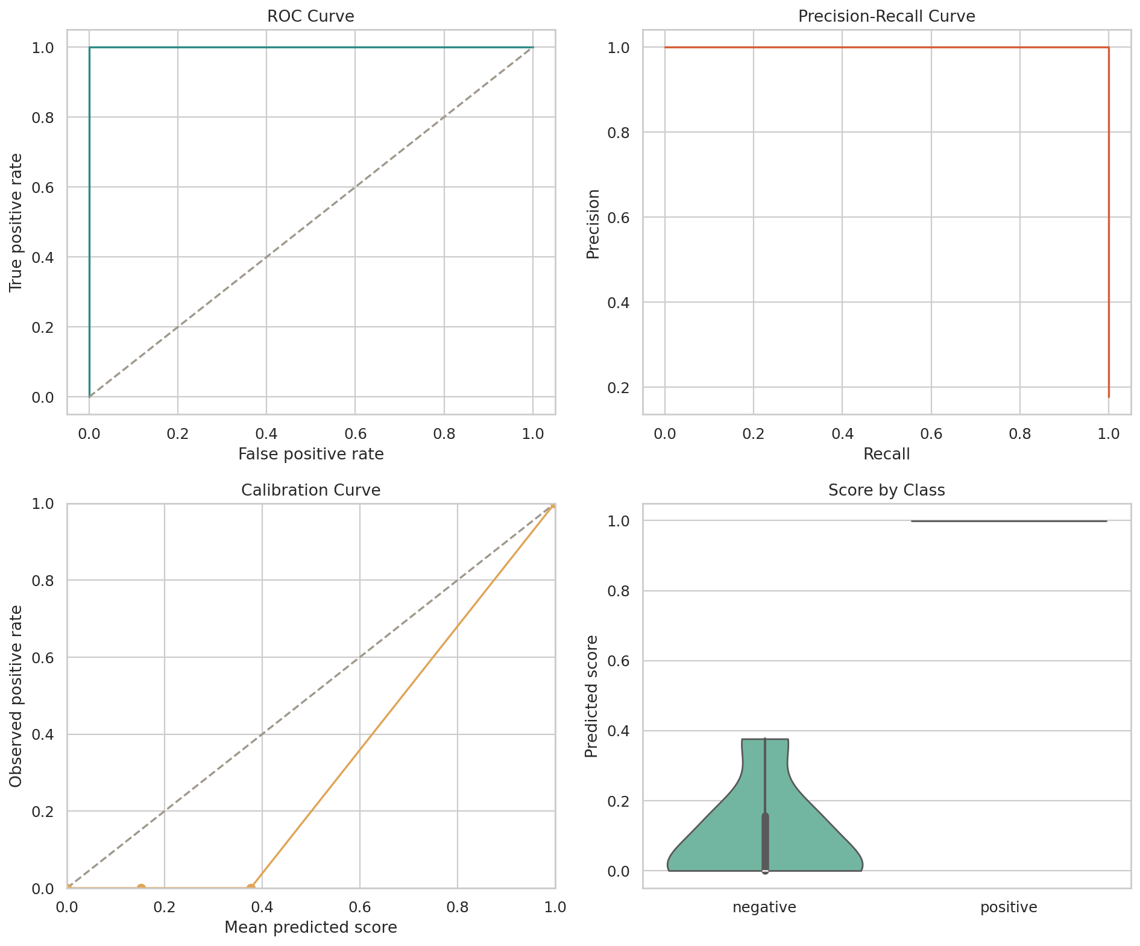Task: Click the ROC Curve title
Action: (x=310, y=16)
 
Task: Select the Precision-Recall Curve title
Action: (x=886, y=16)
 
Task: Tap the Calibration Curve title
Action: (x=310, y=490)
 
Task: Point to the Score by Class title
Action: (x=886, y=490)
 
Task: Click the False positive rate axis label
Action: (x=310, y=454)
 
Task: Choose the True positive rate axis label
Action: (x=16, y=222)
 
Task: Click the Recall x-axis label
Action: (x=886, y=454)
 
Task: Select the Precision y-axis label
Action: (x=593, y=224)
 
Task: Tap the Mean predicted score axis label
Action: (x=310, y=927)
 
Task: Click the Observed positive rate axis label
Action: (x=16, y=696)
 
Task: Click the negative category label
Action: (x=764, y=907)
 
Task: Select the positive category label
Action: (x=1009, y=907)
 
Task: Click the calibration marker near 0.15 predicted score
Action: (x=141, y=888)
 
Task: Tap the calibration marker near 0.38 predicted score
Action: (x=251, y=888)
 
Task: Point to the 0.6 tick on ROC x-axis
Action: (x=354, y=434)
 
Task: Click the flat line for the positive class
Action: (x=1009, y=521)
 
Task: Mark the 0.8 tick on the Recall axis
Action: (x=1019, y=434)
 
